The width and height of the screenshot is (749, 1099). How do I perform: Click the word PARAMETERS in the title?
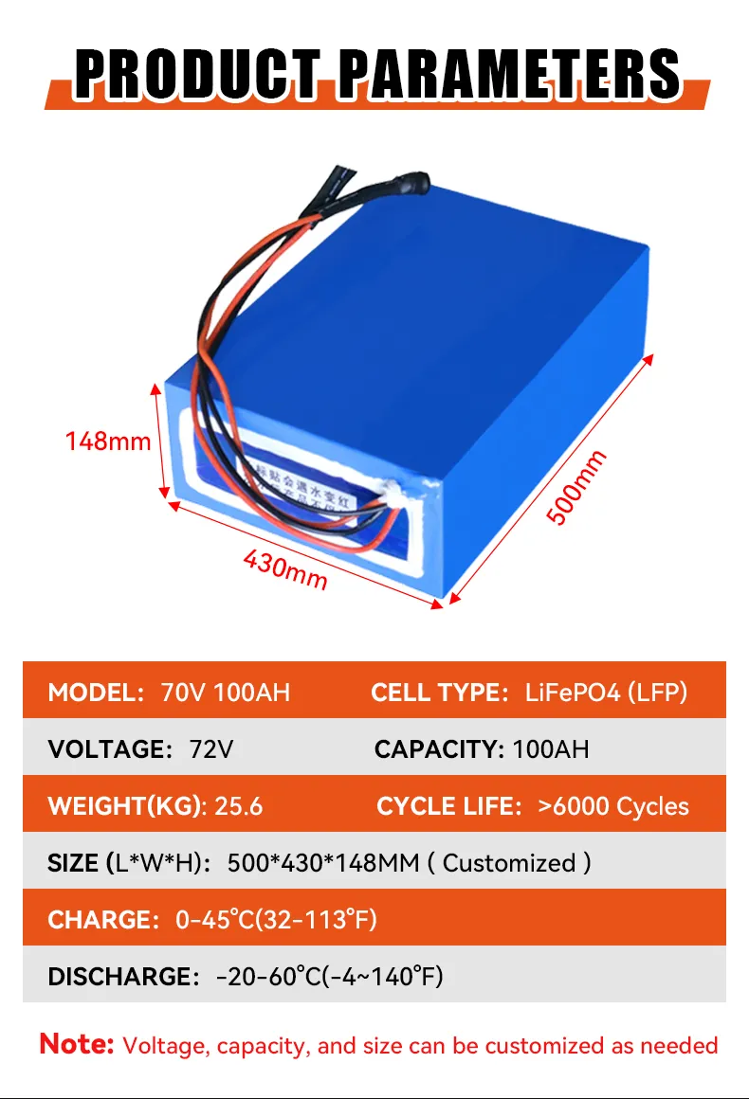click(x=508, y=71)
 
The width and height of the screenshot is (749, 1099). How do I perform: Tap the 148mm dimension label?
click(x=108, y=441)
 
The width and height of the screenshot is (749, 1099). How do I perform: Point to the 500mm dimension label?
click(x=576, y=488)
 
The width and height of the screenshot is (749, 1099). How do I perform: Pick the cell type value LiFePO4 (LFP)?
click(x=606, y=692)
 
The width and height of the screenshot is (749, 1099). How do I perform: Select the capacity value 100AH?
click(x=551, y=749)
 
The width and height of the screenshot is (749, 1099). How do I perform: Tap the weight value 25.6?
click(x=239, y=806)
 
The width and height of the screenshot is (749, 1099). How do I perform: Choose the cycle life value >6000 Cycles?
click(x=613, y=806)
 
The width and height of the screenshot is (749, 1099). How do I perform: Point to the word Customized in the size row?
click(x=509, y=863)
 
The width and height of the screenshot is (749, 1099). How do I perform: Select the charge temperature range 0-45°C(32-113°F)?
click(x=277, y=920)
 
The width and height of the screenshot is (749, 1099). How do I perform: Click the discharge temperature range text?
click(x=330, y=977)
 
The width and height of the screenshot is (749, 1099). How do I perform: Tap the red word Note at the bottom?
click(x=77, y=1045)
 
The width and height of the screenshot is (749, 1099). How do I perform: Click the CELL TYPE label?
click(x=440, y=692)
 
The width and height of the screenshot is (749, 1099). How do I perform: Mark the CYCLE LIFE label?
click(x=449, y=806)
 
